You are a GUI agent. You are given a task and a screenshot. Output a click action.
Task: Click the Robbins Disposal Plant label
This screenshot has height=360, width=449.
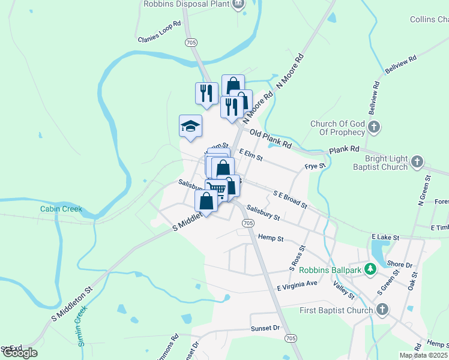186,4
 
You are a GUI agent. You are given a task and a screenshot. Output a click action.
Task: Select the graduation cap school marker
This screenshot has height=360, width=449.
190,127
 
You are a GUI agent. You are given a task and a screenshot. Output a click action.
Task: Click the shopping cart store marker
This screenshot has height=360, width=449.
217,190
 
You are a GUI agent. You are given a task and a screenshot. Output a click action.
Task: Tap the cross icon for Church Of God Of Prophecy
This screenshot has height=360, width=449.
374,127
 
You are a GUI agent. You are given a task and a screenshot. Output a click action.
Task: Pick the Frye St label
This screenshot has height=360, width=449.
315,166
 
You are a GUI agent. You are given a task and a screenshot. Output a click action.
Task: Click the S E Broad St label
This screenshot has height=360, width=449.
290,200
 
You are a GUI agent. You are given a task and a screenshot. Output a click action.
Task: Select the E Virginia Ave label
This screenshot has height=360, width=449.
297,286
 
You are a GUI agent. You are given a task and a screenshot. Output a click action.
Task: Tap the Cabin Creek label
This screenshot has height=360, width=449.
61,209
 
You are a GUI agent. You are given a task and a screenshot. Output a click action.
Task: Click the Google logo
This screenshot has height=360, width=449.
20,353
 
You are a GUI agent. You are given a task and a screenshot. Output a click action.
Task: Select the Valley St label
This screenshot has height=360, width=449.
345,292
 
